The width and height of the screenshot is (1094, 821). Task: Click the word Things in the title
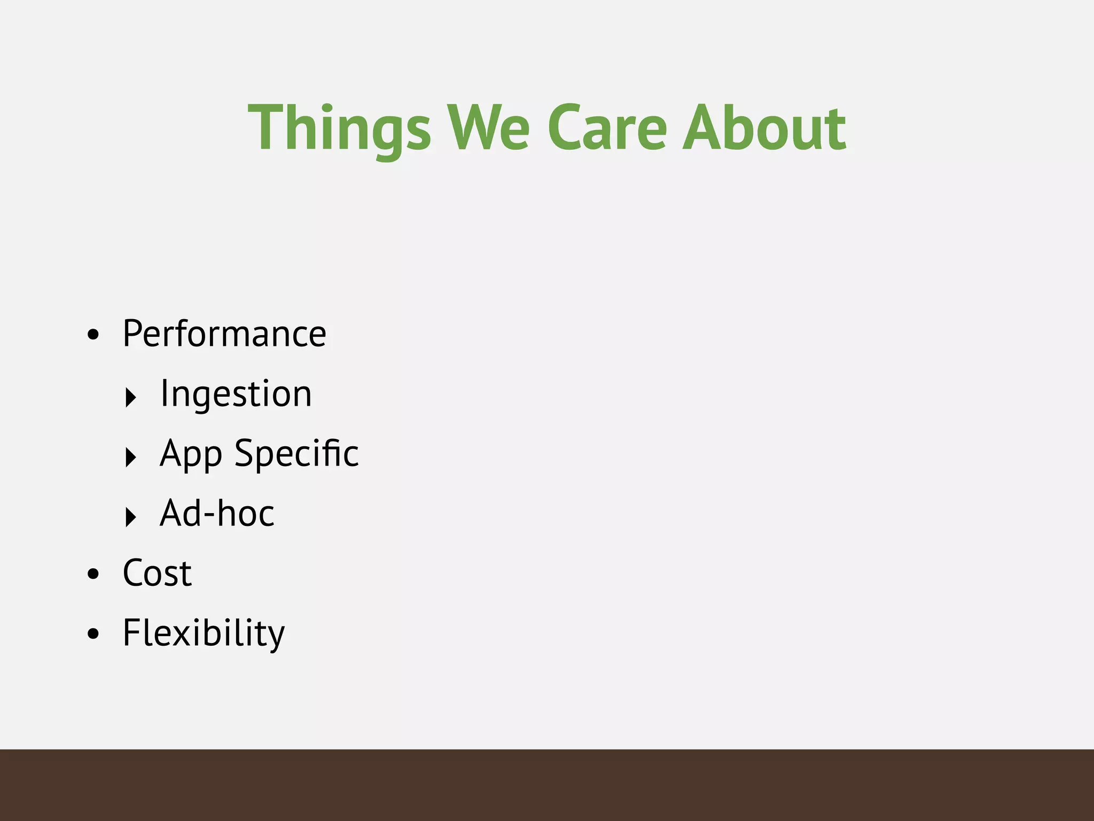click(x=339, y=128)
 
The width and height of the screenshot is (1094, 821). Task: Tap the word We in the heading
click(x=488, y=128)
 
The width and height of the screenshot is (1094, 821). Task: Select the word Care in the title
click(x=607, y=128)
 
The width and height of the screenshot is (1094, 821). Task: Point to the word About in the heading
click(x=764, y=128)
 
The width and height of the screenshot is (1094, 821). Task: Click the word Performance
click(x=224, y=334)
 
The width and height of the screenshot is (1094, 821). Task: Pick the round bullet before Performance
click(x=93, y=335)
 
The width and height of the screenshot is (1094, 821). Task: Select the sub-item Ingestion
click(x=236, y=394)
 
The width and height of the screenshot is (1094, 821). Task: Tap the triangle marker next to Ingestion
click(x=130, y=398)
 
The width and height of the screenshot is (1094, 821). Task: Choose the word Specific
click(x=296, y=453)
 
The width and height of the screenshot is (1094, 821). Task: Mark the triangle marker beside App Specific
click(x=130, y=458)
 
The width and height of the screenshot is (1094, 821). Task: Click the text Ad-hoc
click(x=217, y=514)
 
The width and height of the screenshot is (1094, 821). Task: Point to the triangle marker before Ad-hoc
click(x=130, y=517)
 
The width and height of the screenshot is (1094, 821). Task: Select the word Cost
click(x=157, y=574)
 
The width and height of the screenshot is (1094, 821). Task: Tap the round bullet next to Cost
click(x=93, y=575)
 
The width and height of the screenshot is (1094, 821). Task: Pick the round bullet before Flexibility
click(x=93, y=634)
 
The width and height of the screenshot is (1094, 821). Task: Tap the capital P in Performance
click(x=132, y=334)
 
